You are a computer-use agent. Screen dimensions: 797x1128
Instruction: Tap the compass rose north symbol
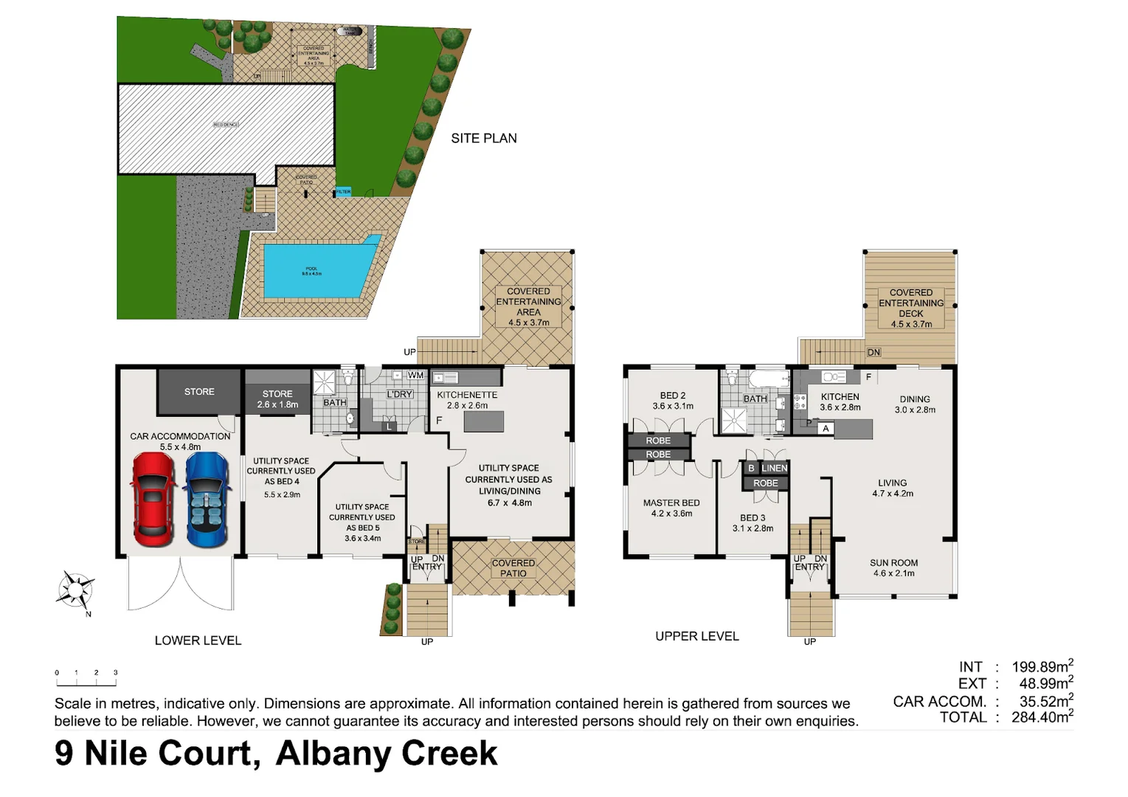click(76, 590)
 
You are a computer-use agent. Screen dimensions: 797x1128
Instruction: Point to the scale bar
click(86, 673)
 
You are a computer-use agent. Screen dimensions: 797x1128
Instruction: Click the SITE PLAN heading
click(484, 138)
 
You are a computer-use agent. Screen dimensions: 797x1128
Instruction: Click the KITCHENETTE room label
click(467, 395)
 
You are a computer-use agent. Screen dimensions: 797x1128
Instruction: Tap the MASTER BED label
click(671, 503)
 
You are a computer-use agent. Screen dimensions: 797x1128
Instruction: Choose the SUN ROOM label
click(893, 562)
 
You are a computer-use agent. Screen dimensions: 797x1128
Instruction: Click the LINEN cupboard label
click(774, 468)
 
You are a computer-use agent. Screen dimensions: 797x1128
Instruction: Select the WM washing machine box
click(415, 375)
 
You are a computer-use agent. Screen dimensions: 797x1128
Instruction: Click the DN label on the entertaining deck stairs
click(873, 352)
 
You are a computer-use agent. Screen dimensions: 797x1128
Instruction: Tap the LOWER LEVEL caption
click(198, 641)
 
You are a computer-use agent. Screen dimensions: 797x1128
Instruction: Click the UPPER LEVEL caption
click(696, 636)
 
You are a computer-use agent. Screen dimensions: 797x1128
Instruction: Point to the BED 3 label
click(752, 517)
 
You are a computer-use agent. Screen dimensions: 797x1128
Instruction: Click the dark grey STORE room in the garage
click(199, 392)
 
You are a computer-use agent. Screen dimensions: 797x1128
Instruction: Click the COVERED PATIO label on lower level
click(513, 568)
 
